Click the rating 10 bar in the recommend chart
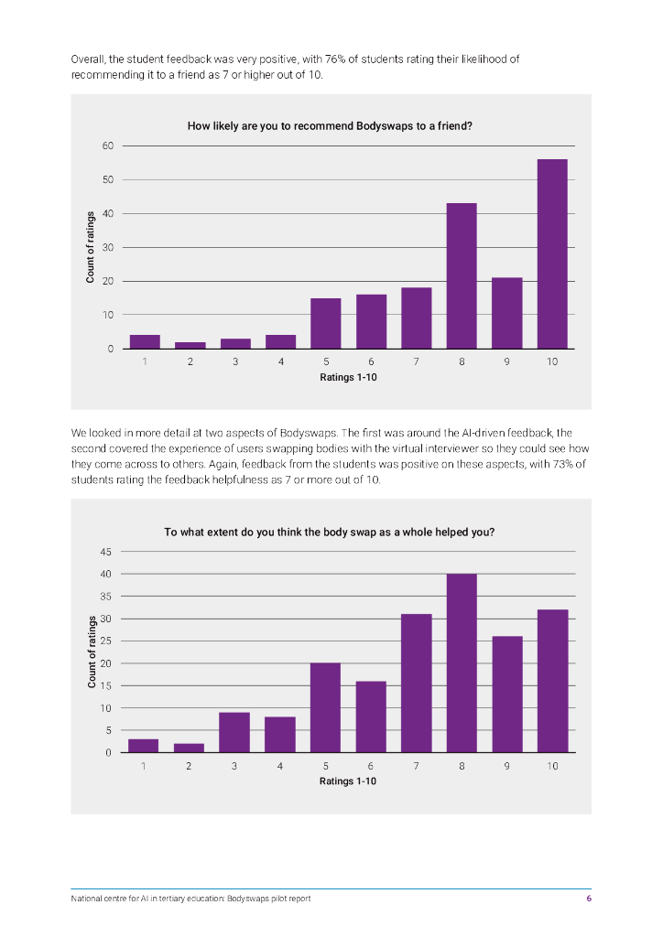pyautogui.click(x=552, y=254)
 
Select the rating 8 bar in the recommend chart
pyautogui.click(x=462, y=275)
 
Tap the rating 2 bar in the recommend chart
pyautogui.click(x=190, y=345)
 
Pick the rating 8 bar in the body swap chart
pyautogui.click(x=462, y=663)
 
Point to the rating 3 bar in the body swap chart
pyautogui.click(x=235, y=732)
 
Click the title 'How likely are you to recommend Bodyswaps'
pyautogui.click(x=330, y=126)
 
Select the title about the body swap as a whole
pyautogui.click(x=330, y=532)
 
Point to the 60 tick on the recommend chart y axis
pyautogui.click(x=108, y=145)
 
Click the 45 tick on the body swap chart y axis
pyautogui.click(x=105, y=552)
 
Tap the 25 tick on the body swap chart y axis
pyautogui.click(x=105, y=641)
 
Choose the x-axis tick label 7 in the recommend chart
pyautogui.click(x=417, y=362)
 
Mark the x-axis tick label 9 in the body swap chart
pyautogui.click(x=506, y=767)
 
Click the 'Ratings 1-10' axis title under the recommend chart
pyautogui.click(x=348, y=377)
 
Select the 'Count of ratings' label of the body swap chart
pyautogui.click(x=92, y=652)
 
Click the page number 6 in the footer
pyautogui.click(x=589, y=899)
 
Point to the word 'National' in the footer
pyautogui.click(x=87, y=899)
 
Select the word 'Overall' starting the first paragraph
pyautogui.click(x=88, y=59)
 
